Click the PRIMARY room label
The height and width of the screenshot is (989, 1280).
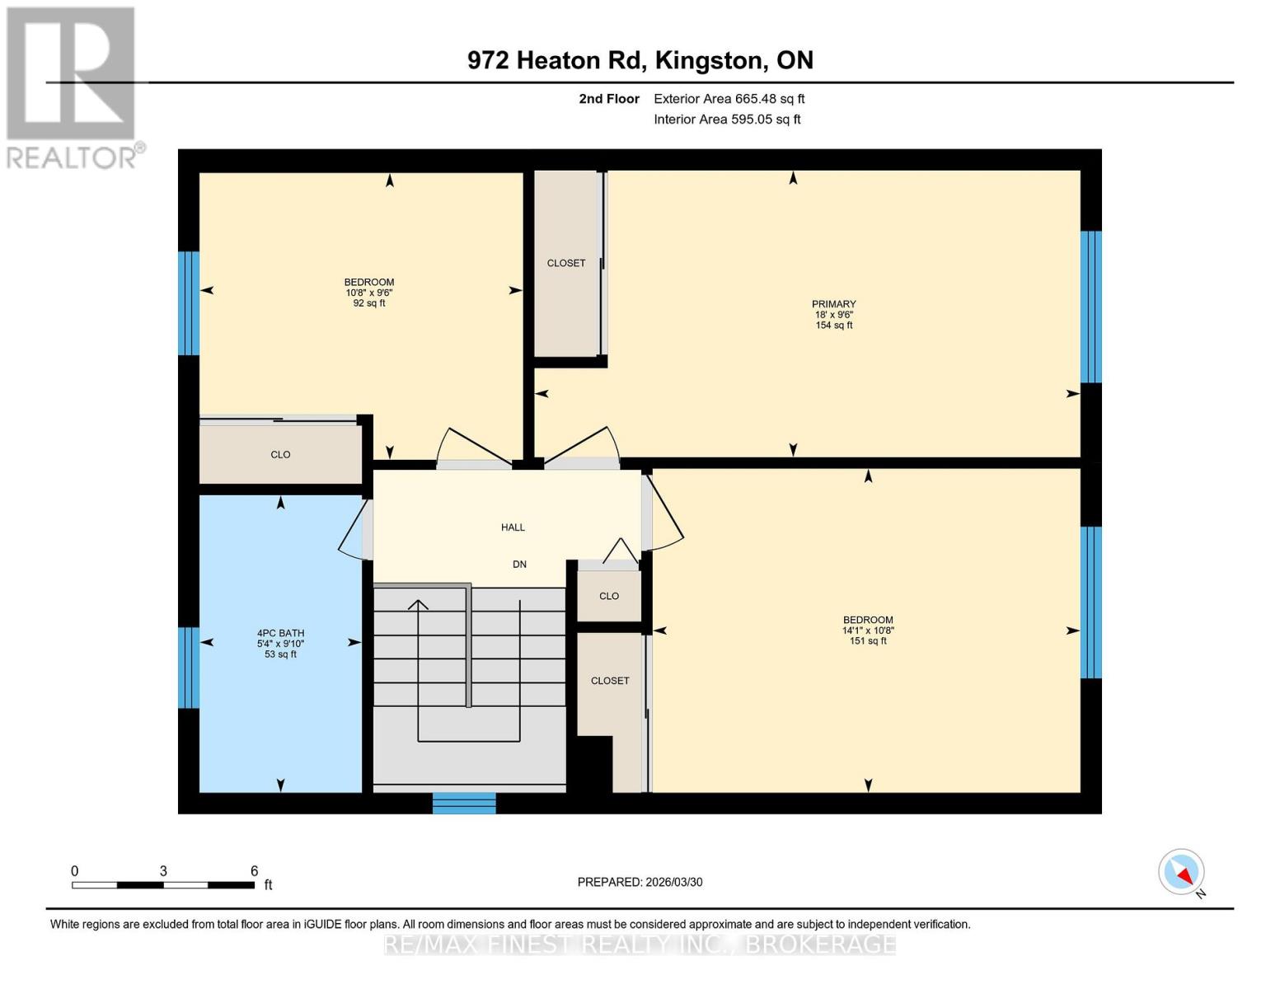pyautogui.click(x=833, y=304)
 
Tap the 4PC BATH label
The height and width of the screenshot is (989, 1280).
pyautogui.click(x=280, y=633)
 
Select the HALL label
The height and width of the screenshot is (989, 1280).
pyautogui.click(x=513, y=527)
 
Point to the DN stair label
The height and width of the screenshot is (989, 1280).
pyautogui.click(x=519, y=565)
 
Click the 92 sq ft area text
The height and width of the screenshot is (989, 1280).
pyautogui.click(x=368, y=303)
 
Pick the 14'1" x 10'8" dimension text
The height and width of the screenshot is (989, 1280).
pyautogui.click(x=868, y=630)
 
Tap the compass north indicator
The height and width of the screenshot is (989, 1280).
pyautogui.click(x=1182, y=872)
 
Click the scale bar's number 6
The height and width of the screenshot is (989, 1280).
pyautogui.click(x=255, y=871)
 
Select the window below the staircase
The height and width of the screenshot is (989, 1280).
pyautogui.click(x=464, y=803)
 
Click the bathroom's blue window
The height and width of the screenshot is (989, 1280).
pyautogui.click(x=189, y=668)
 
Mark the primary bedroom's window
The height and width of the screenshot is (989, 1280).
pyautogui.click(x=1090, y=307)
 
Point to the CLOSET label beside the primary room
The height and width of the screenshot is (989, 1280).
pyautogui.click(x=566, y=264)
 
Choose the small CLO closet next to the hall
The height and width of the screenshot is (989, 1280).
pyautogui.click(x=609, y=596)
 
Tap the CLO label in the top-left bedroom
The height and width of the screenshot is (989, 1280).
pyautogui.click(x=280, y=455)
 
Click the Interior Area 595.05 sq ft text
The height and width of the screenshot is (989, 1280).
pyautogui.click(x=727, y=120)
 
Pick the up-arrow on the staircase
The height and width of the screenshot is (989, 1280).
pyautogui.click(x=419, y=607)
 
